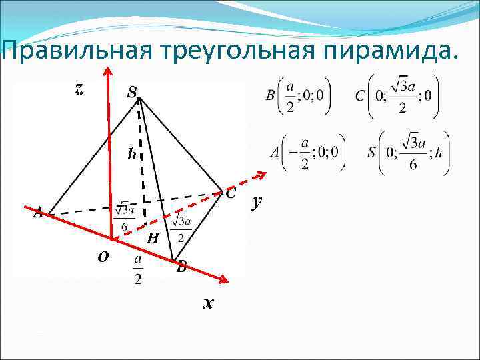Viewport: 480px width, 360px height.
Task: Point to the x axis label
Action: (x=209, y=304)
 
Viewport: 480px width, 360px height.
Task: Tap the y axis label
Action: (x=255, y=203)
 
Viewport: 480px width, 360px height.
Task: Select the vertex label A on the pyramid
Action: (x=39, y=213)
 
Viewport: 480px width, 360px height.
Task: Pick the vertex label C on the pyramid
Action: (x=229, y=194)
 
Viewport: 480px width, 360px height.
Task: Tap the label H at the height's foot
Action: (x=153, y=238)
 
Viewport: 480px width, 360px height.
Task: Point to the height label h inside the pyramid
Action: (x=132, y=155)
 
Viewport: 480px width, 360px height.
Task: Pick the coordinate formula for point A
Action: (x=307, y=153)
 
